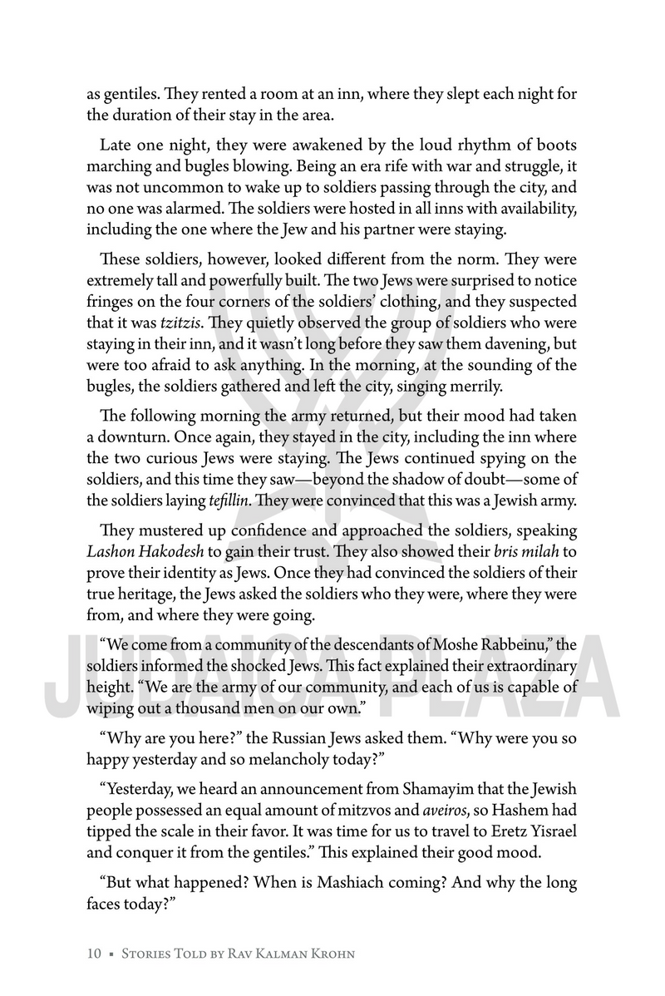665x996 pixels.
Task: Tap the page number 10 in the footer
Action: [x=95, y=953]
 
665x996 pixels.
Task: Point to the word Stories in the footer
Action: [x=150, y=953]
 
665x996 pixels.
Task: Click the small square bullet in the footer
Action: [x=111, y=954]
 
